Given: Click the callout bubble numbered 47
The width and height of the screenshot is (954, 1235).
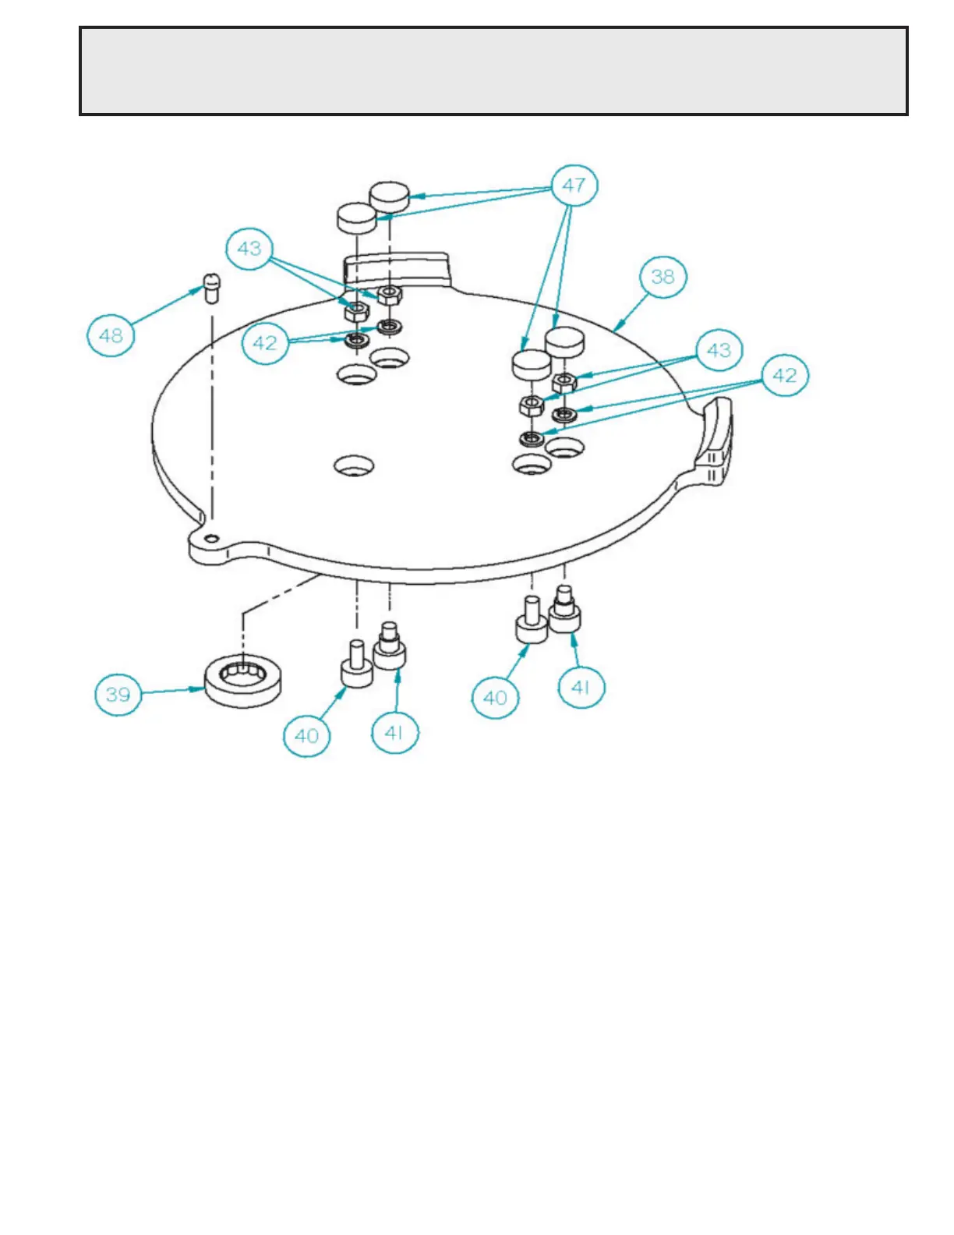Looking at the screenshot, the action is pyautogui.click(x=574, y=186).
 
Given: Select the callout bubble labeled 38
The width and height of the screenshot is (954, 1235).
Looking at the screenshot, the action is pyautogui.click(x=662, y=277).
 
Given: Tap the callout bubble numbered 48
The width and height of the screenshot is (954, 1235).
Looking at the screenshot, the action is pyautogui.click(x=111, y=335).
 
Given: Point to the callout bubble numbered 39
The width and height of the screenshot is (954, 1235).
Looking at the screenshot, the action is pyautogui.click(x=118, y=694).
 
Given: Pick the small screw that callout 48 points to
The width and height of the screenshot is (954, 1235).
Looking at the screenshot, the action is pyautogui.click(x=211, y=288).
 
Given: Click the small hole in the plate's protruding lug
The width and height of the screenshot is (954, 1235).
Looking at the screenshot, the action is pyautogui.click(x=211, y=538).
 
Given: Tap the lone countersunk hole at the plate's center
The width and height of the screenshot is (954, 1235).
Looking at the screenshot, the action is pyautogui.click(x=354, y=466).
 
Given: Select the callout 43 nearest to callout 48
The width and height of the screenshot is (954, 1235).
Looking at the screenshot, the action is pyautogui.click(x=249, y=249).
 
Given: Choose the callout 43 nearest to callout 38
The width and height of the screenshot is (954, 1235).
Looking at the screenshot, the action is pyautogui.click(x=719, y=350).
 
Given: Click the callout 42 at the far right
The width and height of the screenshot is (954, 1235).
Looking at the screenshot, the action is pyautogui.click(x=784, y=376).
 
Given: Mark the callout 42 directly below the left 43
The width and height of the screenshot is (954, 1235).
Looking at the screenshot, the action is pyautogui.click(x=265, y=343).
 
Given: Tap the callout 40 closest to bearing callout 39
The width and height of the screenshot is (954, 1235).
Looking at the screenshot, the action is pyautogui.click(x=306, y=735).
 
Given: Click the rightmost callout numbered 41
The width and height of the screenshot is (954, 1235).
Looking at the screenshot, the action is pyautogui.click(x=581, y=688).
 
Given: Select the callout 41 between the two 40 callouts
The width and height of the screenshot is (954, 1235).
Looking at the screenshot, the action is pyautogui.click(x=394, y=732).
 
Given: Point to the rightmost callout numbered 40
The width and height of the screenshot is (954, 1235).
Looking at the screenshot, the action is pyautogui.click(x=495, y=697).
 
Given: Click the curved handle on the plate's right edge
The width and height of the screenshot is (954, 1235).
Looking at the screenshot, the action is pyautogui.click(x=715, y=441).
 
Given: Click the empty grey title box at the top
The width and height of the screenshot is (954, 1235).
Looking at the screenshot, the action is pyautogui.click(x=493, y=71).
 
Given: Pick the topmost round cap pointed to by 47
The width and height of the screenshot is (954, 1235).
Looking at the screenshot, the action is pyautogui.click(x=390, y=195).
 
